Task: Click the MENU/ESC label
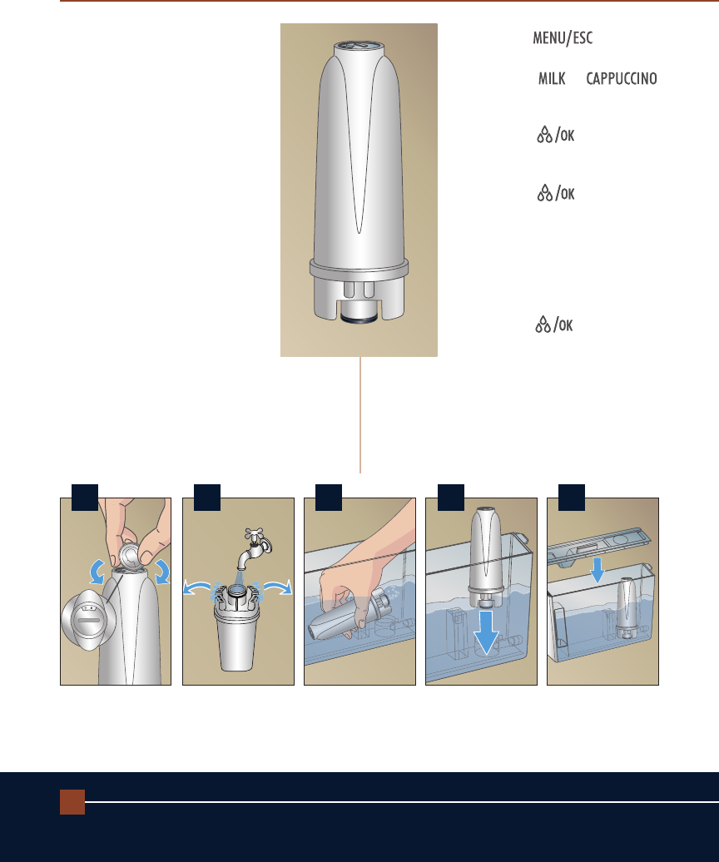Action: pyautogui.click(x=563, y=38)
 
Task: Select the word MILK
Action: pyautogui.click(x=552, y=78)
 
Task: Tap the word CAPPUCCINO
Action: pyautogui.click(x=622, y=78)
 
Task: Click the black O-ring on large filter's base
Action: pyautogui.click(x=359, y=317)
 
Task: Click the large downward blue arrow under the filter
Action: pyautogui.click(x=486, y=632)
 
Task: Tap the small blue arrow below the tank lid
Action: pyautogui.click(x=598, y=571)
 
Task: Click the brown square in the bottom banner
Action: pyautogui.click(x=72, y=801)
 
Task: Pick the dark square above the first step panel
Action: pyautogui.click(x=85, y=498)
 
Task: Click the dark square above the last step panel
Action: pyautogui.click(x=572, y=498)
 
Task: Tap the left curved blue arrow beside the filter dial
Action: pyautogui.click(x=97, y=572)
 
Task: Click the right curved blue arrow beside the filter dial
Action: pyautogui.click(x=163, y=572)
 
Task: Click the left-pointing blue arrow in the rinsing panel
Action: pyautogui.click(x=196, y=587)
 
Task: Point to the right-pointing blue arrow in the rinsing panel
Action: pyautogui.click(x=278, y=587)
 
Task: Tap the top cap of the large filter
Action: pyautogui.click(x=359, y=47)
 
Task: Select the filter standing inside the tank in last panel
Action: pyautogui.click(x=627, y=608)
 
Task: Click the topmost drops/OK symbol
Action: pyautogui.click(x=556, y=135)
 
